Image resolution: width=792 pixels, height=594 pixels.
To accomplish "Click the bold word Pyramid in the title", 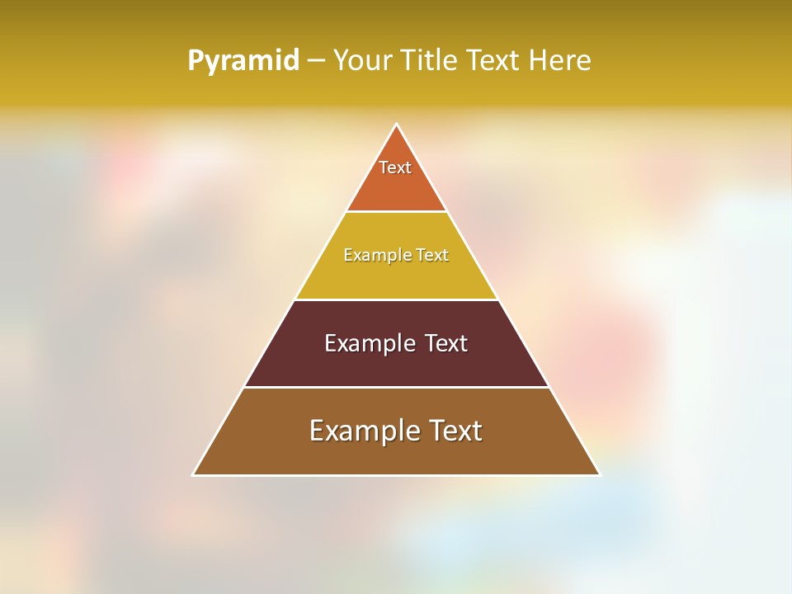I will pos(243,61).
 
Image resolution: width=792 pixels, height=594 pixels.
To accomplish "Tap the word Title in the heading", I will pos(431,60).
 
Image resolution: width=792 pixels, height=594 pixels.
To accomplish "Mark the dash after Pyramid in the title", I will pos(316,61).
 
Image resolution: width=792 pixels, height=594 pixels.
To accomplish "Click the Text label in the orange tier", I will pos(395,167).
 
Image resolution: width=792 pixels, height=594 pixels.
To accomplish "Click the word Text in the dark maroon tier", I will pos(446,343).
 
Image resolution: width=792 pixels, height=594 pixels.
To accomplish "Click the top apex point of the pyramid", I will pos(396,125).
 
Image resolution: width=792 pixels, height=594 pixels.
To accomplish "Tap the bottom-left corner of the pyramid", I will pos(194,474).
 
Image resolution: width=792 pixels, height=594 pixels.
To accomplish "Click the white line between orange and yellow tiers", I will pos(396,212).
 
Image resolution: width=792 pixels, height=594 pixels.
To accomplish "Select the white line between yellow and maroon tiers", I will pos(396,299).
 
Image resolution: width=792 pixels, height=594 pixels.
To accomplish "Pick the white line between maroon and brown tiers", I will pos(396,387).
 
